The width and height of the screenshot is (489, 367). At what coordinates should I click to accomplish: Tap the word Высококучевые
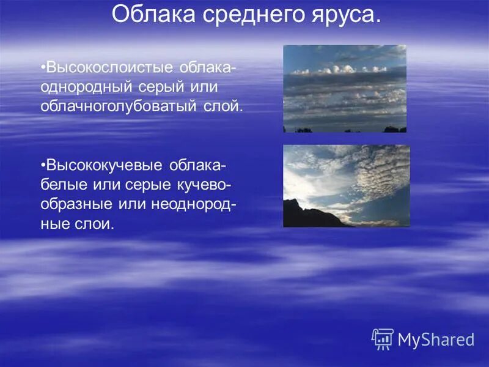pyautogui.click(x=105, y=166)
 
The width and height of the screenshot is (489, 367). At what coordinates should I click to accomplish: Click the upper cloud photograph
pyautogui.click(x=345, y=88)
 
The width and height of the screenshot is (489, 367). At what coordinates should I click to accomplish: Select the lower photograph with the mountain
pyautogui.click(x=346, y=186)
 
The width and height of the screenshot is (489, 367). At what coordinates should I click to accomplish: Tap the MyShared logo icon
pyautogui.click(x=382, y=338)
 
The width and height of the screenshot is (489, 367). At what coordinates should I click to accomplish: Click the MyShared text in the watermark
pyautogui.click(x=436, y=339)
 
